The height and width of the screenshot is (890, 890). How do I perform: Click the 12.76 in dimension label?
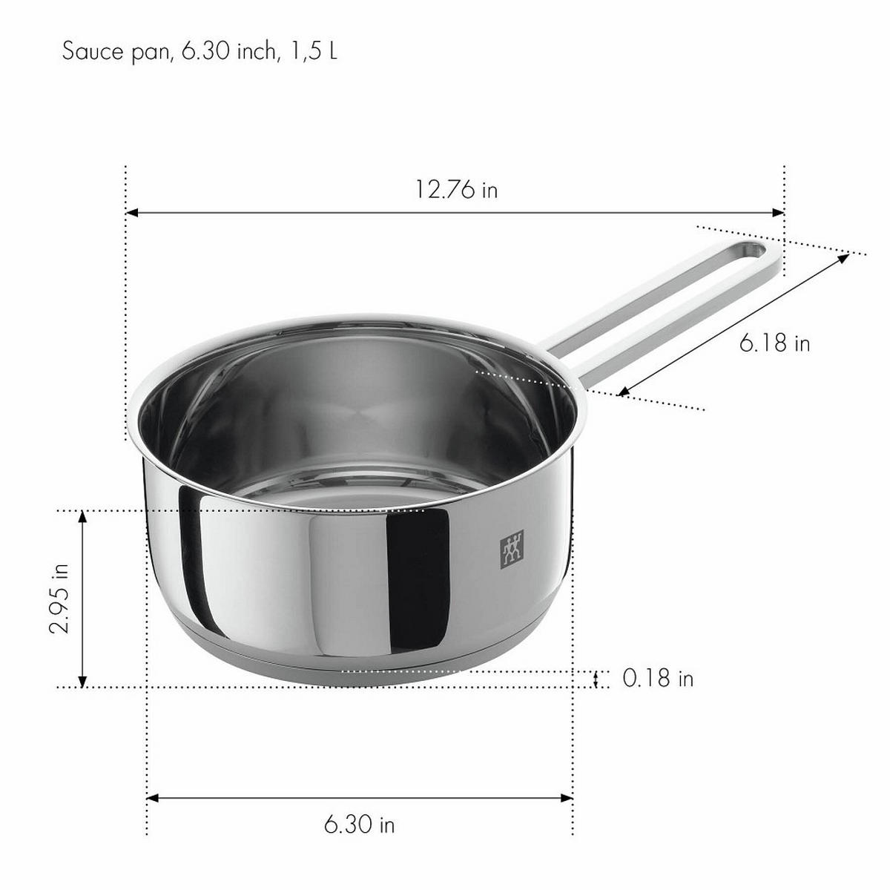coord(455,190)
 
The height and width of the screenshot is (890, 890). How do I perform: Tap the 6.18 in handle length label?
coord(774,343)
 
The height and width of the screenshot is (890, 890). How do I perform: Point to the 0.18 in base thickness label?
coord(658,678)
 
